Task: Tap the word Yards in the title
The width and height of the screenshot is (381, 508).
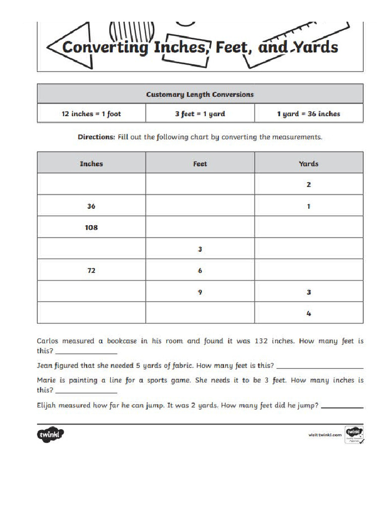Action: pyautogui.click(x=315, y=47)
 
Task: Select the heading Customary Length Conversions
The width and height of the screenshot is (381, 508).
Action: pyautogui.click(x=200, y=94)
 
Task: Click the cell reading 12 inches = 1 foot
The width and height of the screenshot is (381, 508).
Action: pyautogui.click(x=91, y=114)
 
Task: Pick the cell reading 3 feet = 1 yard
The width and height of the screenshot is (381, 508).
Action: pyautogui.click(x=200, y=114)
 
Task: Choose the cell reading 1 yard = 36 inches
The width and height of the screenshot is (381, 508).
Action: pyautogui.click(x=309, y=114)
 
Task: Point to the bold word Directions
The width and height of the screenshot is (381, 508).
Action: pyautogui.click(x=96, y=137)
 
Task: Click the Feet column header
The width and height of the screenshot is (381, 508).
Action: pyautogui.click(x=200, y=163)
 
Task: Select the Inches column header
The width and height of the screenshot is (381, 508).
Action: pyautogui.click(x=91, y=163)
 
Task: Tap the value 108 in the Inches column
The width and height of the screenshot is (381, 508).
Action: pyautogui.click(x=91, y=227)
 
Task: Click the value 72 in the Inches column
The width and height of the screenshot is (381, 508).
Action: pyautogui.click(x=91, y=270)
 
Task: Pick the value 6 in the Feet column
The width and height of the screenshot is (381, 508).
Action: pyautogui.click(x=200, y=270)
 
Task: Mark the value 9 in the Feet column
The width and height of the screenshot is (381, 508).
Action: pyautogui.click(x=200, y=292)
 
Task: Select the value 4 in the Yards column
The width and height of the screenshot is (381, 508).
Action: pyautogui.click(x=309, y=314)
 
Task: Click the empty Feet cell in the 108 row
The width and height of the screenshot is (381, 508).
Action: pyautogui.click(x=200, y=227)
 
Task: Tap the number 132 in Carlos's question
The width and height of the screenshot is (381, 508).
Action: pyautogui.click(x=262, y=341)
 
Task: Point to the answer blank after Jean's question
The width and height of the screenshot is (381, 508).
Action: pyautogui.click(x=319, y=368)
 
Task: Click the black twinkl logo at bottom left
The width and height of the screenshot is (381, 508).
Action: pyautogui.click(x=51, y=435)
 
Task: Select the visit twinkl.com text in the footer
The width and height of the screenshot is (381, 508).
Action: pyautogui.click(x=325, y=435)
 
